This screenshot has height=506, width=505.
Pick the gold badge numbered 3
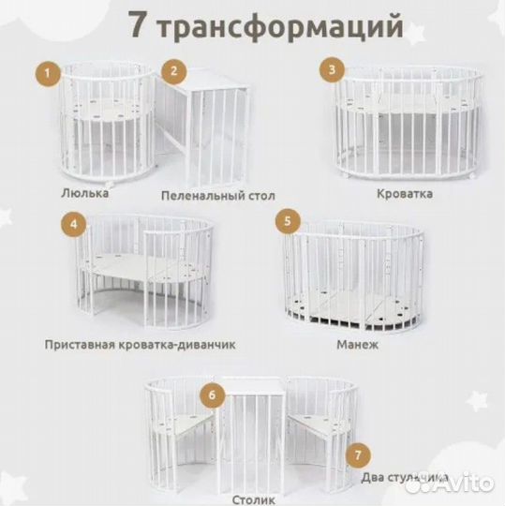click(330, 69)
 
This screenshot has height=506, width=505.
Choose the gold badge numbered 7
click(354, 456)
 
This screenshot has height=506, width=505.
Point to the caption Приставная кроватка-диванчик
click(140, 344)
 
